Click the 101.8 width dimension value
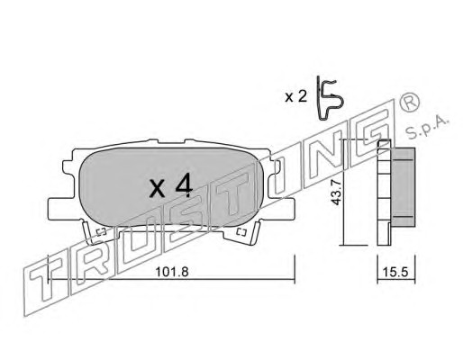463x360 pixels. tap(172, 273)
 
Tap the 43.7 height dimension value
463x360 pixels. tap(336, 193)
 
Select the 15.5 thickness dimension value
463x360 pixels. tap(395, 273)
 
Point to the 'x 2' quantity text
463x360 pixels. tap(296, 97)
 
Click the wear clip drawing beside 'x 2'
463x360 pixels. tap(330, 99)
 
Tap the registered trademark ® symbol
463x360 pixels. tap(409, 103)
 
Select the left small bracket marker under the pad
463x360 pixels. tap(101, 232)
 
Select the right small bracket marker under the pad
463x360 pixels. tap(241, 232)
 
